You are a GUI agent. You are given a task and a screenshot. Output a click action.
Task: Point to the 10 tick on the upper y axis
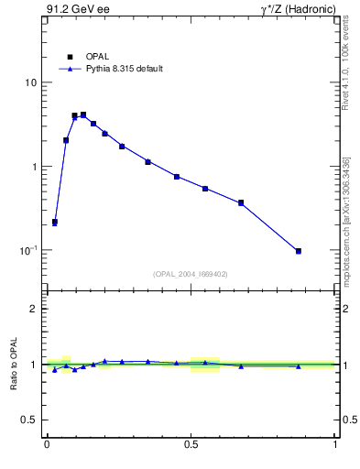(x=31, y=82)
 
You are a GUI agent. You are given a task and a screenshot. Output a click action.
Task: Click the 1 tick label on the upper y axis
(x=35, y=167)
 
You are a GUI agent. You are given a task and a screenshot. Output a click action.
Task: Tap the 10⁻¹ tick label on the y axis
(x=29, y=250)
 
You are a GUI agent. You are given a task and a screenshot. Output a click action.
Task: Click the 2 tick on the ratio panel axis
(x=35, y=309)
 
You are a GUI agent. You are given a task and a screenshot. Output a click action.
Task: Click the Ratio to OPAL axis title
(x=13, y=365)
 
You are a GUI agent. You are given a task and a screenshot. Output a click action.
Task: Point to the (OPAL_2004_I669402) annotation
(x=191, y=273)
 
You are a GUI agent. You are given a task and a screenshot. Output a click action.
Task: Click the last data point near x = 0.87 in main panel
(x=299, y=251)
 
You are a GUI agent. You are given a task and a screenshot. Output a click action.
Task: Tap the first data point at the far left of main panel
(x=55, y=222)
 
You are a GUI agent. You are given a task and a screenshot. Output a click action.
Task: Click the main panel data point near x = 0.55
(x=205, y=189)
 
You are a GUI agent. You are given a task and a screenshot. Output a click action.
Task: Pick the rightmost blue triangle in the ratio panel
(x=299, y=366)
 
